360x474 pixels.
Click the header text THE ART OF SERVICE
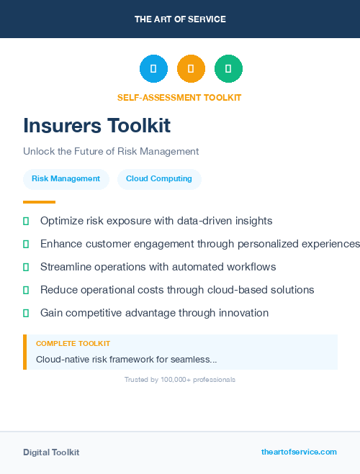click(x=180, y=19)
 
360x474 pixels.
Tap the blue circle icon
click(x=153, y=68)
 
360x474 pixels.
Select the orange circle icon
click(x=191, y=68)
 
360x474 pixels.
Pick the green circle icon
click(x=228, y=68)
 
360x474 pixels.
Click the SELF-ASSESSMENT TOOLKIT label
click(x=179, y=97)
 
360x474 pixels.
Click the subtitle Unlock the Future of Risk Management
click(x=111, y=152)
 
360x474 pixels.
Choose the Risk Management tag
click(x=66, y=179)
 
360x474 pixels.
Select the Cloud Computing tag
click(x=159, y=179)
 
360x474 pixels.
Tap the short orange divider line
click(x=39, y=202)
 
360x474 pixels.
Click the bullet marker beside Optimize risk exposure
click(x=26, y=221)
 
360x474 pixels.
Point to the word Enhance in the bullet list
click(x=60, y=244)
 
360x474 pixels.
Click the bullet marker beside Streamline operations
click(x=26, y=267)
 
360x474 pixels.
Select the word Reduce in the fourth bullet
click(x=58, y=290)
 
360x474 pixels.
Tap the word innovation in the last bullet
click(x=243, y=313)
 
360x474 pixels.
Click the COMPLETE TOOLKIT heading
click(x=73, y=344)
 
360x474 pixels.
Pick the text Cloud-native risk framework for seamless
click(x=126, y=358)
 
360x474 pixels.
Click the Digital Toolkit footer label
click(x=51, y=452)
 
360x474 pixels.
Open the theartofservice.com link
click(x=299, y=452)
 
